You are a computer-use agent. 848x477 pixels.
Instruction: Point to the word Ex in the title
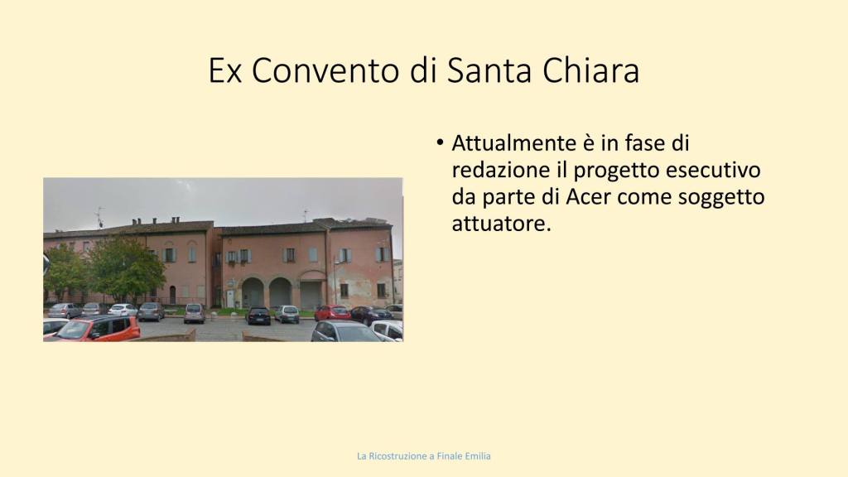[x=224, y=70]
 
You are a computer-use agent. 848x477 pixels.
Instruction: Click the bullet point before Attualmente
[x=440, y=143]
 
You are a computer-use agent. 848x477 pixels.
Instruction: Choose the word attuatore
[x=501, y=224]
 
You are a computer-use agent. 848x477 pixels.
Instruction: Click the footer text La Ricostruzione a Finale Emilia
[x=424, y=456]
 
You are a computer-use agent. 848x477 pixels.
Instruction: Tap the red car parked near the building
[x=333, y=312]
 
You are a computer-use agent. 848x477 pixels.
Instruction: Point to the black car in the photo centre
[x=258, y=316]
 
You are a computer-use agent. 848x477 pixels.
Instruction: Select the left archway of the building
[x=253, y=292]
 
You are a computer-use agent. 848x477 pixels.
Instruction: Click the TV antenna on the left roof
[x=99, y=217]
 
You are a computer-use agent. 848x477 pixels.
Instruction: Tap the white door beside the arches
[x=230, y=298]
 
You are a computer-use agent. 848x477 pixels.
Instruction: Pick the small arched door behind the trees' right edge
[x=172, y=295]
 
